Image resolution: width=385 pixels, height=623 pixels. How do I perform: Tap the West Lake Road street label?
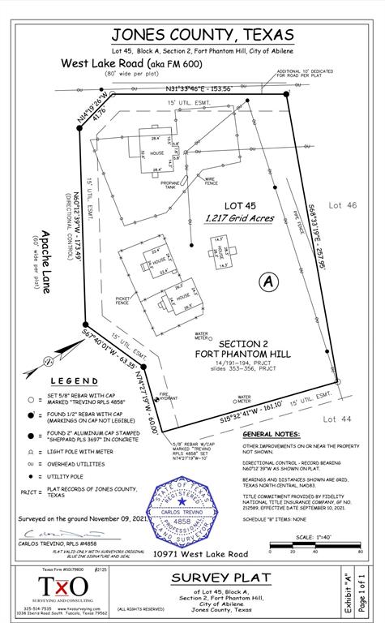click(109, 63)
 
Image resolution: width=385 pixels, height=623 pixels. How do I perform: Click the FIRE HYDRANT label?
click(169, 397)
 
